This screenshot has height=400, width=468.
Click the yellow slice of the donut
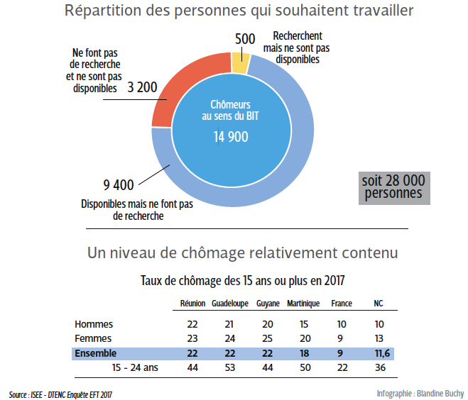tap(240, 65)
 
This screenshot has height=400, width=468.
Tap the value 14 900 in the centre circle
tap(231, 137)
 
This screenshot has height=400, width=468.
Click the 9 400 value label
tap(119, 186)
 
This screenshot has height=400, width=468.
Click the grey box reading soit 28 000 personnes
tap(393, 187)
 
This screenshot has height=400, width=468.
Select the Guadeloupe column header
tap(229, 304)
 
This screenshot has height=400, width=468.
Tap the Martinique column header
tap(303, 304)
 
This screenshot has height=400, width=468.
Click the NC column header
tap(379, 304)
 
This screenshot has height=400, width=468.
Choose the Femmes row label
tap(93, 338)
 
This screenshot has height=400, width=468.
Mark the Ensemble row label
tap(96, 353)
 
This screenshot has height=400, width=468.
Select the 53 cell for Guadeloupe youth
tap(229, 367)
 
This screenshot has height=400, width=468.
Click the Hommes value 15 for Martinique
tap(305, 324)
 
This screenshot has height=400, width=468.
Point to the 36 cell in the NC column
tap(379, 367)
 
